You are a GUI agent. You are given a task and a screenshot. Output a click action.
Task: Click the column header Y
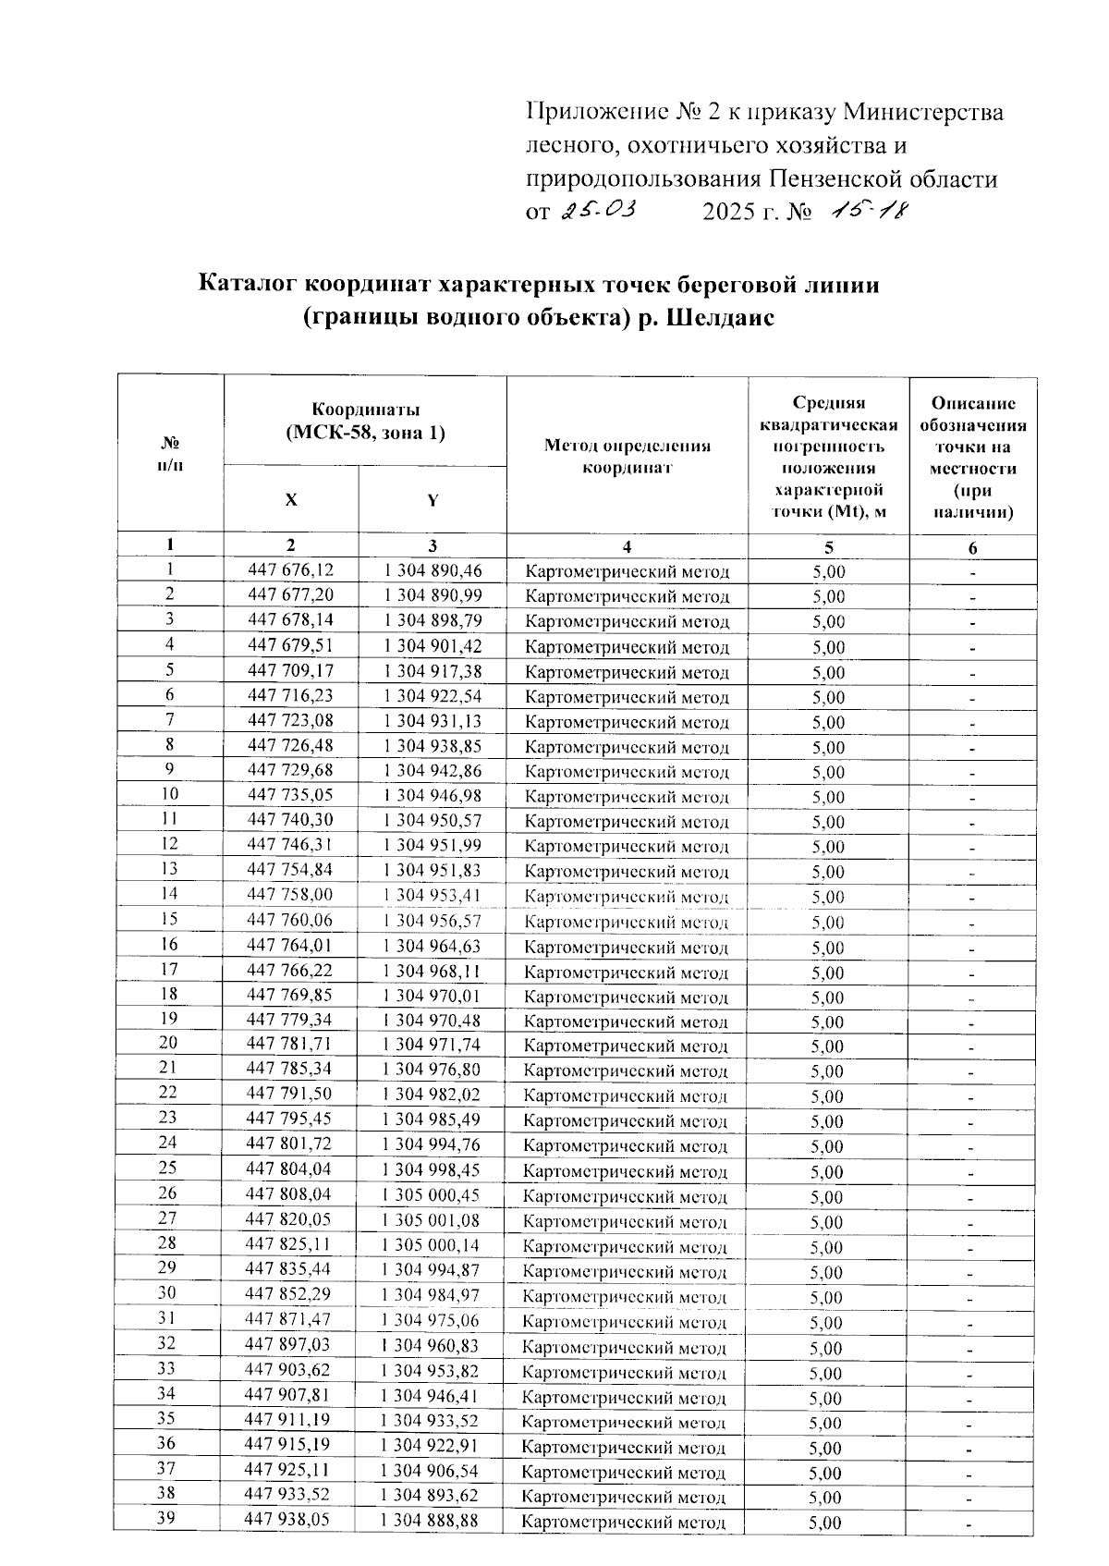432,500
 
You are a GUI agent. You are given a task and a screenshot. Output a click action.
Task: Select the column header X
290,499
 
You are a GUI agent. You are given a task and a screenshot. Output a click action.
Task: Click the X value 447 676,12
290,570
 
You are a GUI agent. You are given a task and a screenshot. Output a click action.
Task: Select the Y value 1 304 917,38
432,671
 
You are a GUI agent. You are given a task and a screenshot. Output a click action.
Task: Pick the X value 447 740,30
290,821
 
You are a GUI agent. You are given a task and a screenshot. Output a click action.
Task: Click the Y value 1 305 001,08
432,1220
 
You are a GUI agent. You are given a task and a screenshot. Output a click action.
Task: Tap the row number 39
167,1519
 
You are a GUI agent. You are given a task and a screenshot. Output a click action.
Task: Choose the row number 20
167,1044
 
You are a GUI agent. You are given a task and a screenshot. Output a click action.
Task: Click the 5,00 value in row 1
828,571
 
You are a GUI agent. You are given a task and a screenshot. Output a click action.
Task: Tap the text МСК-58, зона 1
365,432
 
